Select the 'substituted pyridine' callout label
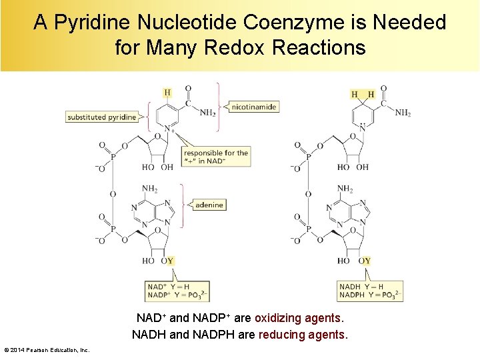[102, 117]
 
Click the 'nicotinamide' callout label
[254, 107]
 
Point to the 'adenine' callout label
[209, 205]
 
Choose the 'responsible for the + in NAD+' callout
[216, 157]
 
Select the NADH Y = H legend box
[371, 291]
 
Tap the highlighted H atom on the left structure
[167, 93]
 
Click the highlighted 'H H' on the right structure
[363, 94]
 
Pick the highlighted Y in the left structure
[171, 261]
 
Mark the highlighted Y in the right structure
[367, 261]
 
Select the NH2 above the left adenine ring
[149, 189]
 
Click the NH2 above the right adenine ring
[345, 189]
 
